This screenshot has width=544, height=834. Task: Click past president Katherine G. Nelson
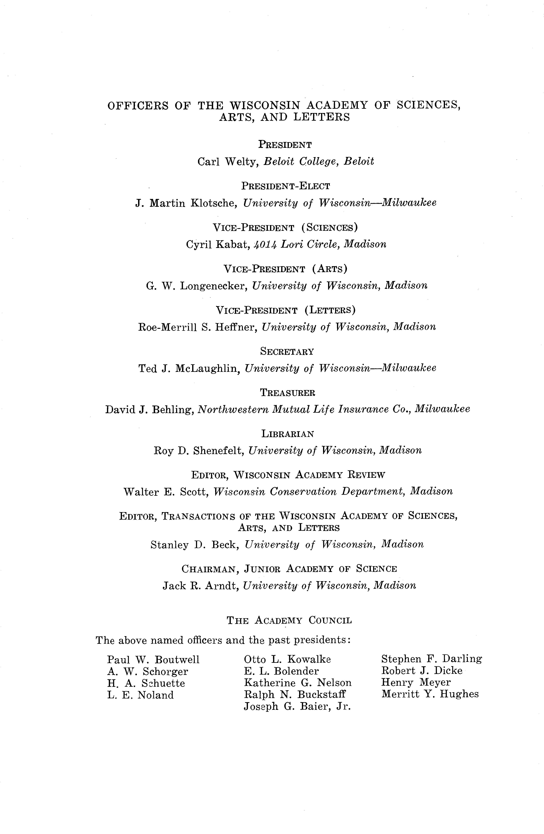click(x=297, y=683)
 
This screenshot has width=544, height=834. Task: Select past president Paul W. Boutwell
click(x=153, y=660)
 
